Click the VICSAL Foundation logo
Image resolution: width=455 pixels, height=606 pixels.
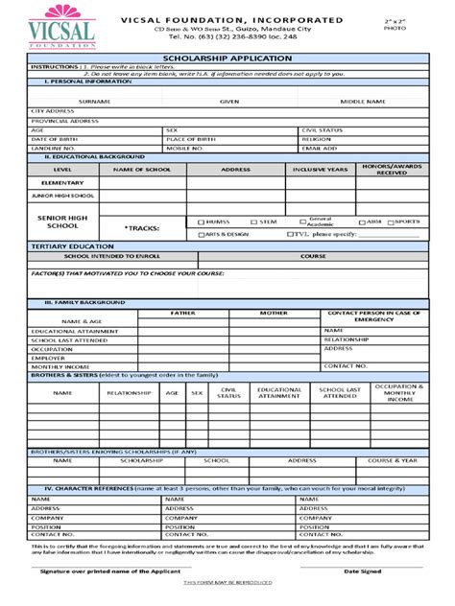(63, 28)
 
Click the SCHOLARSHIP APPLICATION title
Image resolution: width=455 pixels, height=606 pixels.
(227, 58)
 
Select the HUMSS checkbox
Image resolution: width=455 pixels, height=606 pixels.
(201, 221)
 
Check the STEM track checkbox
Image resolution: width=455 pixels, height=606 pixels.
(253, 221)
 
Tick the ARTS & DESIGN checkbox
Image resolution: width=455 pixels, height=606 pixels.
(201, 234)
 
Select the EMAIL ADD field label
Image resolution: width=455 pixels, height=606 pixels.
(320, 149)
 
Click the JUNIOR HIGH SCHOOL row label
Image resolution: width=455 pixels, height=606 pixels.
(63, 195)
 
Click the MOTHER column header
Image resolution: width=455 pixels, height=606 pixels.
(273, 313)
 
